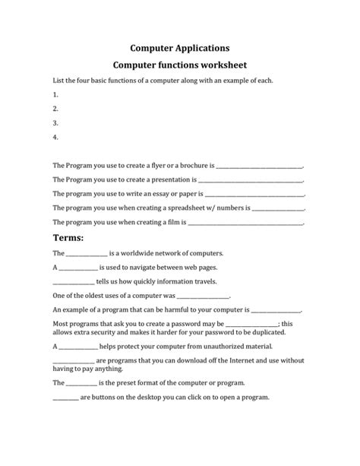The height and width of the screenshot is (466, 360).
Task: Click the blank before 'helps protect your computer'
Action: pos(77,347)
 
